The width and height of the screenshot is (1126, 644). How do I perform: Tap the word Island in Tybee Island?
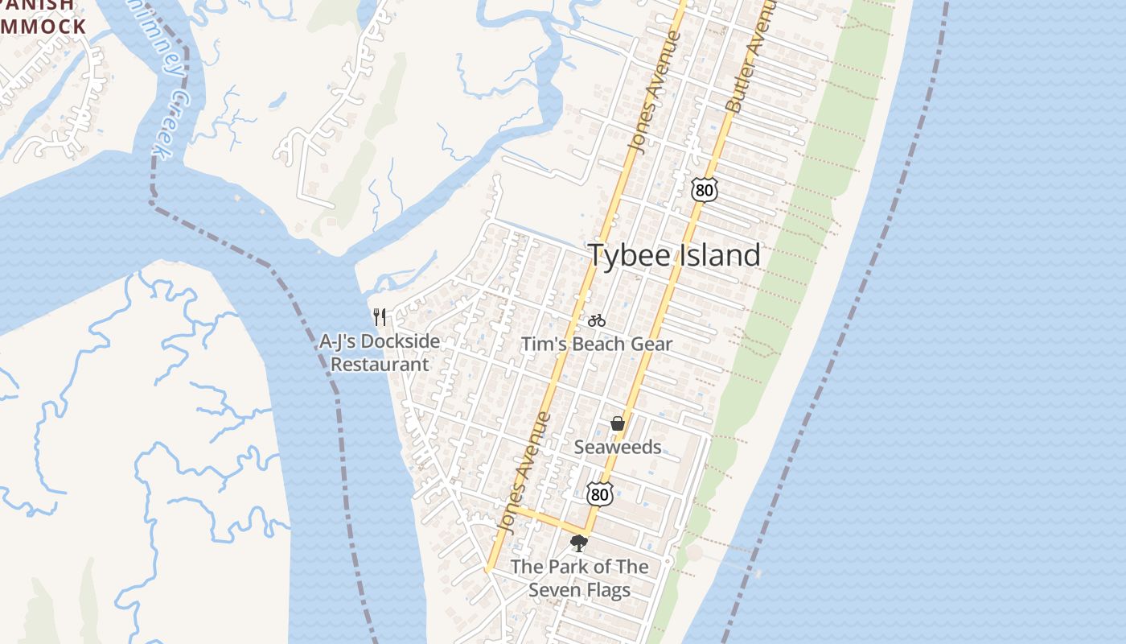pyautogui.click(x=721, y=255)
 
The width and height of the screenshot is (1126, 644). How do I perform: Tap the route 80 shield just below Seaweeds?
pyautogui.click(x=599, y=493)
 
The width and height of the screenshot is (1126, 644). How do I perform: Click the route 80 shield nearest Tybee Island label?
pyautogui.click(x=703, y=190)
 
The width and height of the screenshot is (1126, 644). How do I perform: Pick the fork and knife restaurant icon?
pyautogui.click(x=380, y=317)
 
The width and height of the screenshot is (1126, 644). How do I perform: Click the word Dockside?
pyautogui.click(x=399, y=341)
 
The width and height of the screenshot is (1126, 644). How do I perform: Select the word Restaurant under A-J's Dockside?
pyautogui.click(x=380, y=364)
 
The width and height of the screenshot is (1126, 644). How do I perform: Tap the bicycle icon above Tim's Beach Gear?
pyautogui.click(x=596, y=320)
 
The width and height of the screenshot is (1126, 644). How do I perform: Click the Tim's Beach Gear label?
pyautogui.click(x=596, y=345)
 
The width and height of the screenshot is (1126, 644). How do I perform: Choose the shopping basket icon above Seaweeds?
pyautogui.click(x=617, y=423)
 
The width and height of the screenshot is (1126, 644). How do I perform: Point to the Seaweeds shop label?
pyautogui.click(x=617, y=447)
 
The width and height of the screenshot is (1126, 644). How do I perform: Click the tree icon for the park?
pyautogui.click(x=578, y=543)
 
